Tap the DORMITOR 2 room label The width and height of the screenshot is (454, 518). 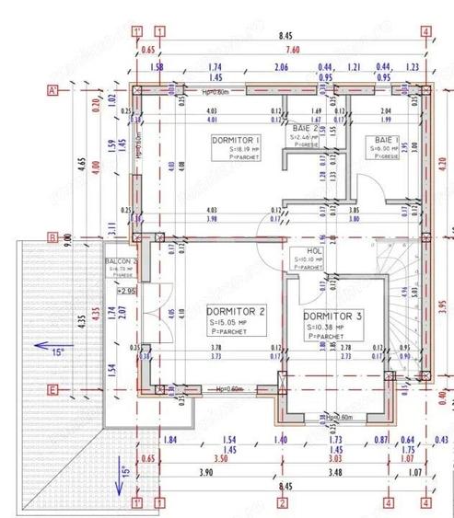(237, 311)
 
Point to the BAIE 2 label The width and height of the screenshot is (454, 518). (306, 128)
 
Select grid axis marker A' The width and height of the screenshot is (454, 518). (54, 89)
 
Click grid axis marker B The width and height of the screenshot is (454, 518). (54, 237)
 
